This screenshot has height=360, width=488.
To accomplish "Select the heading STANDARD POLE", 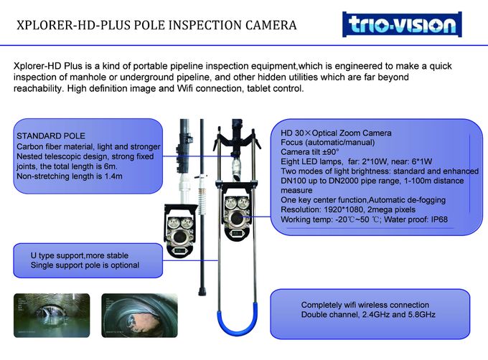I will tap(50, 136).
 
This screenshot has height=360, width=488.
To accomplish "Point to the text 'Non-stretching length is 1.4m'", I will tap(69, 176).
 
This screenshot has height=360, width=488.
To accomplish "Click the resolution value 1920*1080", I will tap(349, 210).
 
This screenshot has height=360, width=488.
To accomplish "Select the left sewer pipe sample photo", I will tap(42, 314).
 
